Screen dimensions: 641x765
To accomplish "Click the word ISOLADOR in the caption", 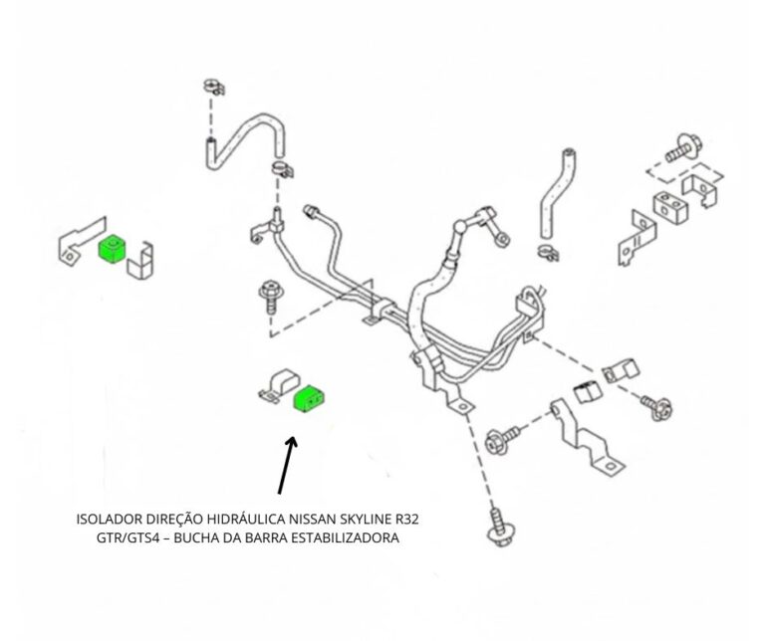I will [107, 519].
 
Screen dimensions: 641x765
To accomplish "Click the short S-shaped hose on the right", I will [554, 194].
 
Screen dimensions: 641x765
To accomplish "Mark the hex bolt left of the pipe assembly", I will [269, 295].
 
